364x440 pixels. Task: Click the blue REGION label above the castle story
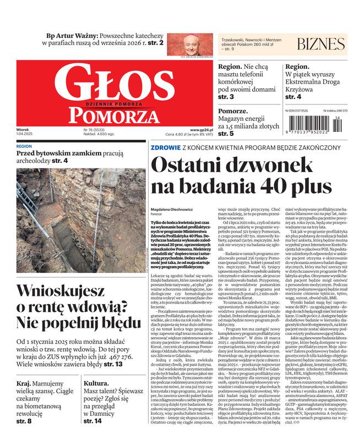(24, 147)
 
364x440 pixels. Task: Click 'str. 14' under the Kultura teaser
(93, 436)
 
